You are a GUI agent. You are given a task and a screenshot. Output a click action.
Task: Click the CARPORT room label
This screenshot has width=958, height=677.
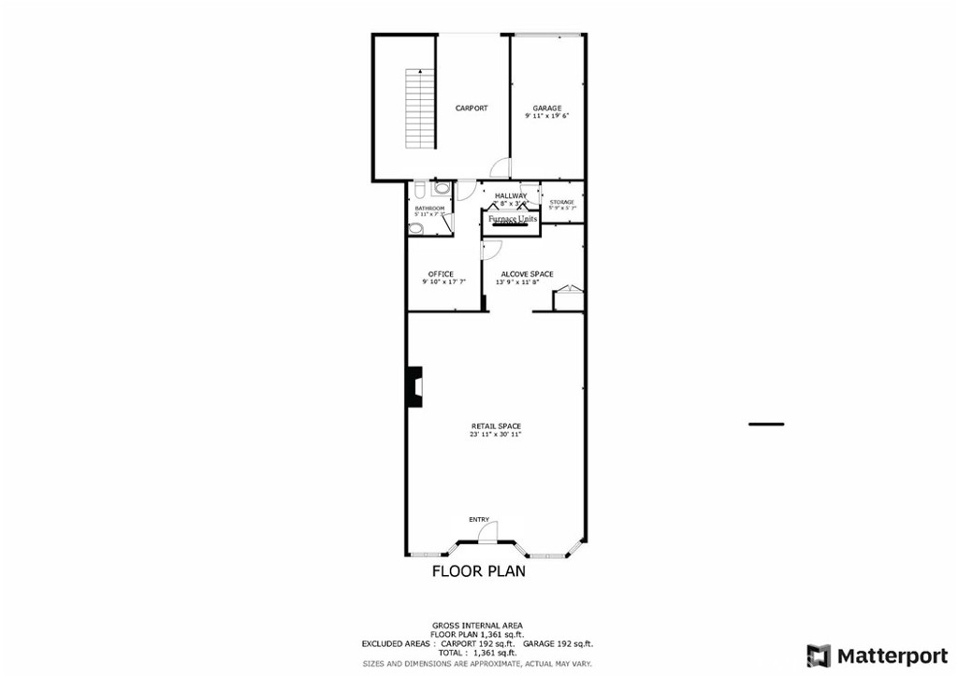pyautogui.click(x=472, y=108)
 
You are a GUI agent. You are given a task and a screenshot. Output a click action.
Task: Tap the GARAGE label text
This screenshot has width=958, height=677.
pyautogui.click(x=547, y=108)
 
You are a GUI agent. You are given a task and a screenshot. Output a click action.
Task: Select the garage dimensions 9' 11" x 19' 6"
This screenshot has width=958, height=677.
pyautogui.click(x=547, y=117)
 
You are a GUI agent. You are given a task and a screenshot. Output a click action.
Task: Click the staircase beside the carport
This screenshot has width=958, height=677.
pyautogui.click(x=420, y=109)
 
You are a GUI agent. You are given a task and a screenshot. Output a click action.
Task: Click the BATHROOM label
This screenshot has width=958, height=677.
pyautogui.click(x=429, y=209)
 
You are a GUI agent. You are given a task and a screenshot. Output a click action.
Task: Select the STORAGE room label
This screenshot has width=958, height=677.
pyautogui.click(x=561, y=202)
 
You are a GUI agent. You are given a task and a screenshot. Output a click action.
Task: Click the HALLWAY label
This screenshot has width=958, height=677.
pyautogui.click(x=511, y=195)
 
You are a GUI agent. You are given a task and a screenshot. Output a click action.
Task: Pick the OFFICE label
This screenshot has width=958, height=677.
pyautogui.click(x=441, y=274)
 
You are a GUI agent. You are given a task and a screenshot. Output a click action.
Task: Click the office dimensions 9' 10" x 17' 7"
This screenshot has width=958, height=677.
pyautogui.click(x=441, y=282)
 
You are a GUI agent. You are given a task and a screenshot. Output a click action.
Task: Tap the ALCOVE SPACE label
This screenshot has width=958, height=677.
pyautogui.click(x=527, y=274)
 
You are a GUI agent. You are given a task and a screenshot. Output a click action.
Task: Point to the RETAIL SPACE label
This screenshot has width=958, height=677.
pyautogui.click(x=496, y=426)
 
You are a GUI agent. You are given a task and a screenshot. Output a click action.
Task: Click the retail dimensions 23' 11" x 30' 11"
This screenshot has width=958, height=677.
pyautogui.click(x=496, y=435)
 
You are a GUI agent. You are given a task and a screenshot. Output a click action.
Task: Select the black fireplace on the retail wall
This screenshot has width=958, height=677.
pyautogui.click(x=414, y=386)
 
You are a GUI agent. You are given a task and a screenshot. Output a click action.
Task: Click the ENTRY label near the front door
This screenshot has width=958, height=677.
pyautogui.click(x=479, y=520)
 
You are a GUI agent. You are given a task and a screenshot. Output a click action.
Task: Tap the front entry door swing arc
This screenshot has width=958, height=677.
pyautogui.click(x=487, y=532)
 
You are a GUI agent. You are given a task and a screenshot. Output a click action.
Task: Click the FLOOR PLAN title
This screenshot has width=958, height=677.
pyautogui.click(x=478, y=570)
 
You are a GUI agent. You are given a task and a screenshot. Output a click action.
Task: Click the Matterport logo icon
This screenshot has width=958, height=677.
pyautogui.click(x=819, y=655)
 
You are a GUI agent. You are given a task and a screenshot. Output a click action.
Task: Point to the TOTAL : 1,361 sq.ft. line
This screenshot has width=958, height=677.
pyautogui.click(x=478, y=653)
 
